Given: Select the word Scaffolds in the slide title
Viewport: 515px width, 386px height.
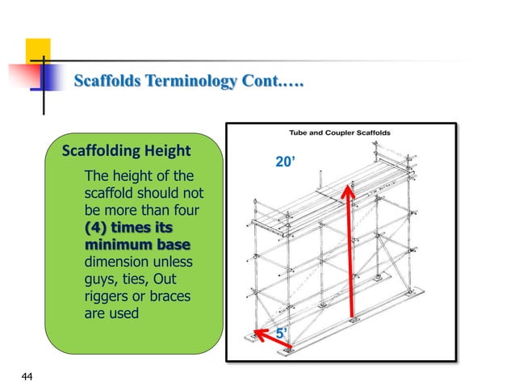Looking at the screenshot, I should [x=104, y=81].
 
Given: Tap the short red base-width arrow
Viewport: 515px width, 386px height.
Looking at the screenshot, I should [x=272, y=340].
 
